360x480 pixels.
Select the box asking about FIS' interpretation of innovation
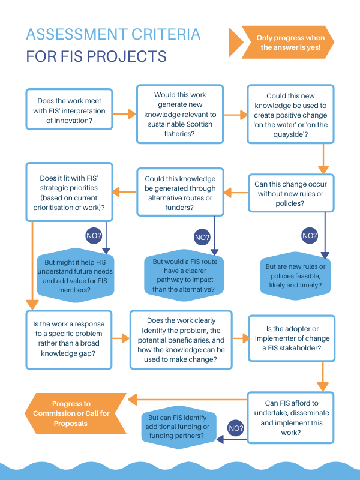[69, 109]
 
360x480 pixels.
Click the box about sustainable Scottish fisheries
[180, 114]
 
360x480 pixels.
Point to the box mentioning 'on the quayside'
[290, 114]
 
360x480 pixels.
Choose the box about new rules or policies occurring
[291, 193]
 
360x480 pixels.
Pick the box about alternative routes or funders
[181, 192]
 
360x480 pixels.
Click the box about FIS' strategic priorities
[69, 192]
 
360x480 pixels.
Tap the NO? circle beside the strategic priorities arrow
[94, 236]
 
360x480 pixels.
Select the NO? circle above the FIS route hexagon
[202, 237]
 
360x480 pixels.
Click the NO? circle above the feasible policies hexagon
[310, 236]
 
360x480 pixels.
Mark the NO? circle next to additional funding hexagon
[236, 428]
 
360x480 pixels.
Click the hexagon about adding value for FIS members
[76, 275]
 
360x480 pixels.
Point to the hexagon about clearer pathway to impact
[184, 275]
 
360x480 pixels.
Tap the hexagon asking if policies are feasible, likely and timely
[295, 276]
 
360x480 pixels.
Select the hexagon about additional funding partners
[179, 427]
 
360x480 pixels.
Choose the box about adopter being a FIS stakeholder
[292, 338]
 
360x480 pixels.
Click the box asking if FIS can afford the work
[290, 418]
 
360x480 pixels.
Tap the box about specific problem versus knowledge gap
[69, 340]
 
